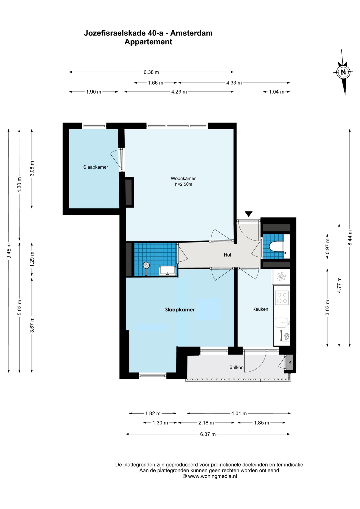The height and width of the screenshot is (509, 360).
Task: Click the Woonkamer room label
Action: tap(183, 178)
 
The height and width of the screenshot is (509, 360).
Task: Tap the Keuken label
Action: tap(260, 309)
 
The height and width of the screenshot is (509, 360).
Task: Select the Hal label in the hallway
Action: tap(227, 255)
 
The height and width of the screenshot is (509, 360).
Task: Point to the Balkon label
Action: tap(236, 367)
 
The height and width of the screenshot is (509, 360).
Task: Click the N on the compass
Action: tap(343, 72)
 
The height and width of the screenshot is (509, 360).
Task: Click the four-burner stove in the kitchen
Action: tap(282, 297)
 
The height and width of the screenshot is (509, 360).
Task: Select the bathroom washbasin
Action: tap(167, 271)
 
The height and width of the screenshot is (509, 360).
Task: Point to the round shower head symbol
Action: tap(146, 265)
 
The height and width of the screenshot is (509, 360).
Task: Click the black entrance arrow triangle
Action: tap(248, 214)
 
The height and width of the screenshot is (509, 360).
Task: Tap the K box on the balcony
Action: tap(290, 362)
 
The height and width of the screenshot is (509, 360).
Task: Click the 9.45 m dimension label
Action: tap(9, 251)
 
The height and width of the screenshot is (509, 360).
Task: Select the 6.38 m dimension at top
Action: tap(151, 72)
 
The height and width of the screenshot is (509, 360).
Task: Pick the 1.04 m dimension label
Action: tap(276, 92)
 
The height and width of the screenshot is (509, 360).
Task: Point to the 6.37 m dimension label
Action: tap(208, 434)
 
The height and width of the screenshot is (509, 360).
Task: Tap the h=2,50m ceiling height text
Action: tap(183, 184)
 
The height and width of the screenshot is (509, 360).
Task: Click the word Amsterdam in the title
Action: tap(191, 33)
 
